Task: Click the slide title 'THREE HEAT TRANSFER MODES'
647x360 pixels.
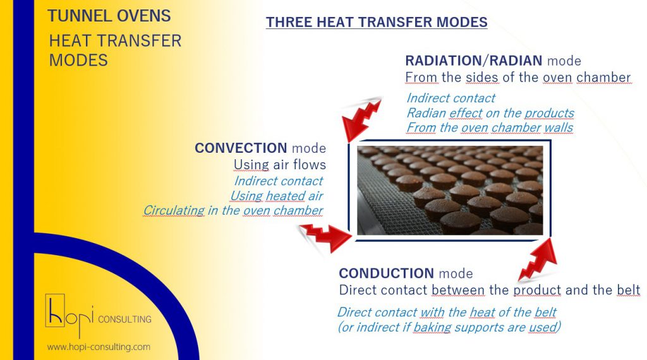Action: (377, 22)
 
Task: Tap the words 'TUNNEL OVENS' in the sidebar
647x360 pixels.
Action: (109, 16)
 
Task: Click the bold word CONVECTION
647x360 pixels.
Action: (241, 148)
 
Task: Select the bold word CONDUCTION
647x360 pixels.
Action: (386, 273)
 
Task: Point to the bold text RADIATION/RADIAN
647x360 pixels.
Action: (474, 61)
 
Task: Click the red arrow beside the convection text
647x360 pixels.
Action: (325, 237)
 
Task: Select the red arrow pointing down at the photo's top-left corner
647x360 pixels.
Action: (361, 119)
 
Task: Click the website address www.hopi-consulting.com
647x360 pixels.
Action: (99, 347)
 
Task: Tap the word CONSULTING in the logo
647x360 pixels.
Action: (124, 319)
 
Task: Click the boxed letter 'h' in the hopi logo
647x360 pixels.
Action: (55, 311)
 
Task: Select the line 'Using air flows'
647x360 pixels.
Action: (280, 165)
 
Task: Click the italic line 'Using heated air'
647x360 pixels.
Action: (277, 195)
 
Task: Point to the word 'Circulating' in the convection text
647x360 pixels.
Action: (174, 210)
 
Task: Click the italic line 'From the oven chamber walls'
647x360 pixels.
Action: (490, 128)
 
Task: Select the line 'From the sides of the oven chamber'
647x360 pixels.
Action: (518, 77)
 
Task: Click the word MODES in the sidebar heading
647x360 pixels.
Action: (78, 60)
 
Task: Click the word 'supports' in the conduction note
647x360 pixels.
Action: (480, 327)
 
